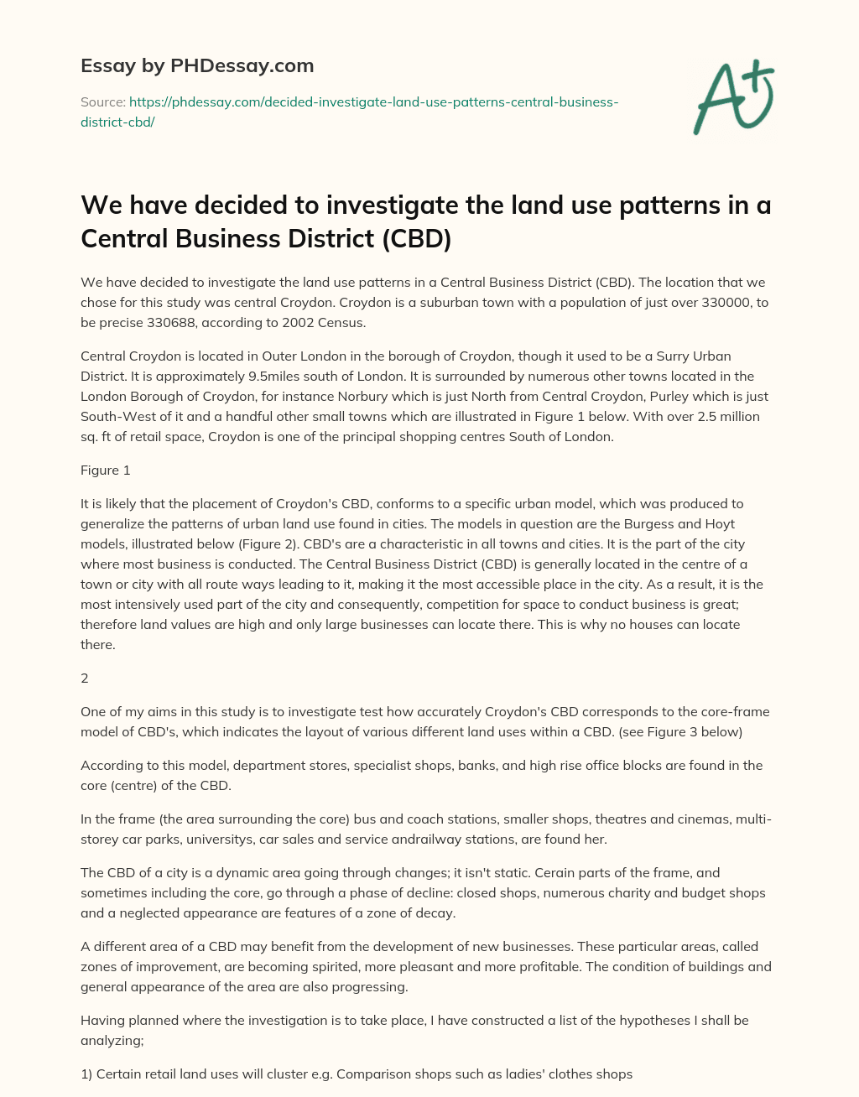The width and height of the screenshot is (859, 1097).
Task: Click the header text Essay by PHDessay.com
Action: (197, 65)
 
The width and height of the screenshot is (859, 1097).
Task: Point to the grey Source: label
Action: (102, 102)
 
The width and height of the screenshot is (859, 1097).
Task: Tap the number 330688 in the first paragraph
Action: (169, 322)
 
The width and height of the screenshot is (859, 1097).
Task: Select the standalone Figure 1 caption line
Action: (106, 470)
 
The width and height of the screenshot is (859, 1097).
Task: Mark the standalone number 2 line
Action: (85, 678)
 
